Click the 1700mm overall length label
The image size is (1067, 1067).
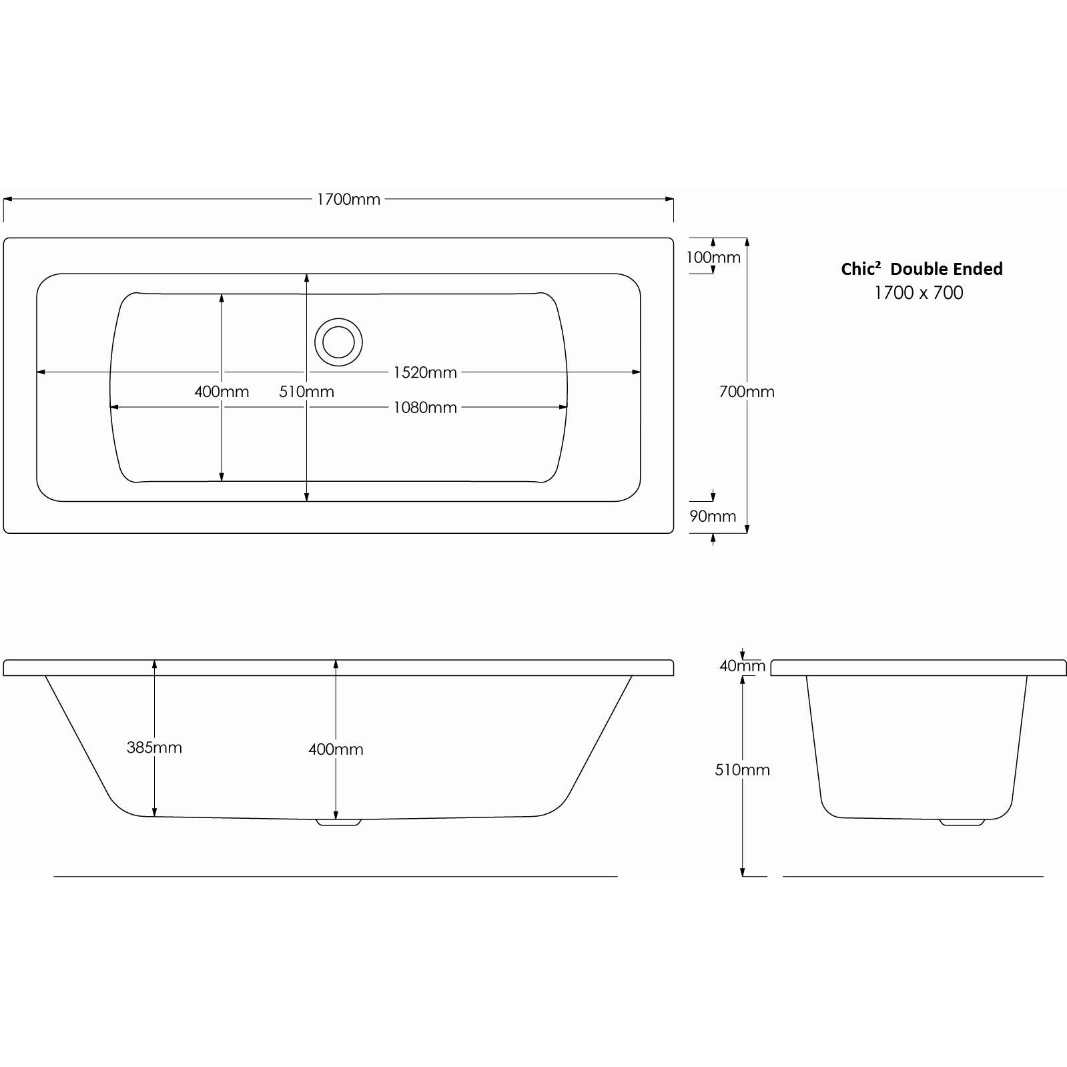point(348,200)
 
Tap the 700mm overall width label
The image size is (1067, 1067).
point(747,392)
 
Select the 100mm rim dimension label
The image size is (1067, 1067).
point(713,258)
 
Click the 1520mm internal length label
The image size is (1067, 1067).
point(425,372)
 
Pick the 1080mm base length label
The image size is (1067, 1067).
point(425,408)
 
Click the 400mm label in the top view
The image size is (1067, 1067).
point(222,392)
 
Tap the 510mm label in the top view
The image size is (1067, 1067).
point(306,392)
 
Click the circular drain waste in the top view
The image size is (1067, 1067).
point(339,342)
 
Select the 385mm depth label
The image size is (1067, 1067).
point(154,747)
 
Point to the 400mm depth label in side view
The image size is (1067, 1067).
point(336,749)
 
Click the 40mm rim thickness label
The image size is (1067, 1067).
point(742,665)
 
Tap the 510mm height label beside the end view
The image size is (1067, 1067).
point(742,770)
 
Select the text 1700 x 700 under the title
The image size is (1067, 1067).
point(919,293)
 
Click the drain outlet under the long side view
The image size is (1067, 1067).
point(338,822)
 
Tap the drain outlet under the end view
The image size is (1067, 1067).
point(962,822)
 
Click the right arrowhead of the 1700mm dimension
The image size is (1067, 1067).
point(669,199)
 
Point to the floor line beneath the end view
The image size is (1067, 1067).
point(912,876)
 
